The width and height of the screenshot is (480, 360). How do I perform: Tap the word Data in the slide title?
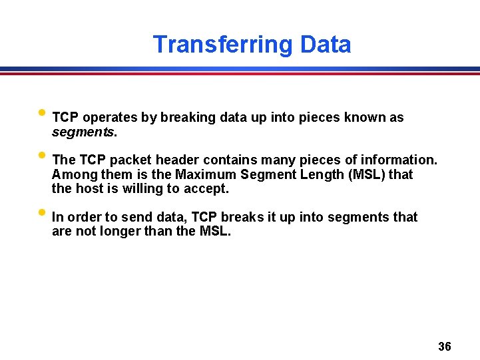click(x=326, y=45)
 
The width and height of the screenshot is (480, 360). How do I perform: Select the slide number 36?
click(x=445, y=347)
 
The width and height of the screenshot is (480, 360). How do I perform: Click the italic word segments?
click(x=83, y=132)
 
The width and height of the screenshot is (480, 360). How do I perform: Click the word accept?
click(x=208, y=189)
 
